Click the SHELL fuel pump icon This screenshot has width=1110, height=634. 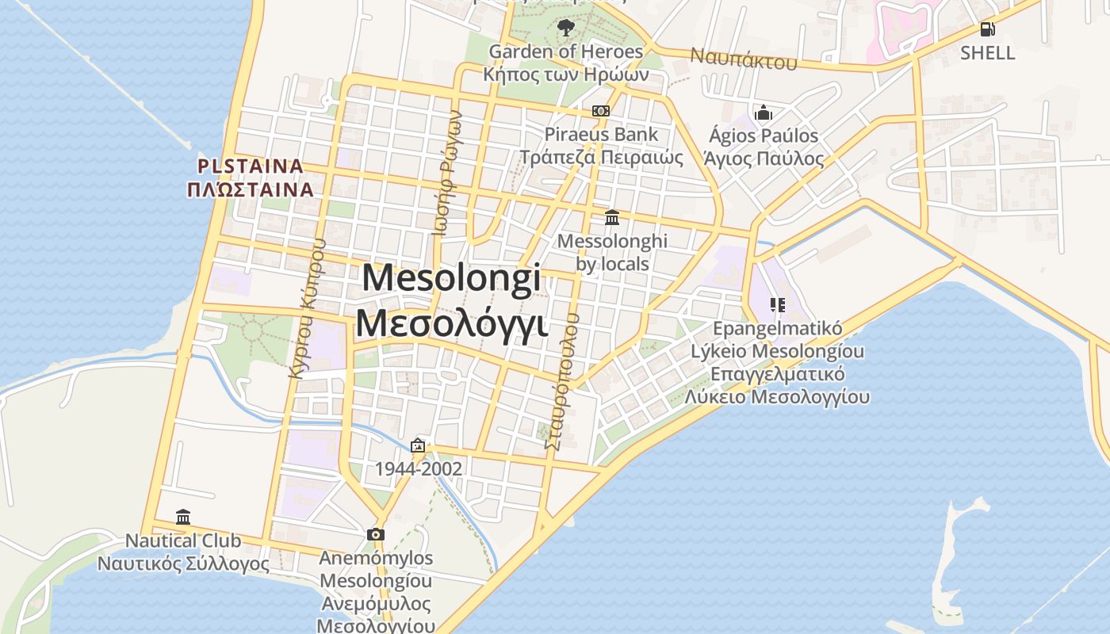pos(987,29)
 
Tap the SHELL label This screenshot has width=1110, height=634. pos(987,53)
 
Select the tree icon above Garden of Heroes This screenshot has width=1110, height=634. pos(565,29)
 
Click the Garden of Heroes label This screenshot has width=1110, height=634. pos(566,52)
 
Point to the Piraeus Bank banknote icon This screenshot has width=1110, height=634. pos(601,111)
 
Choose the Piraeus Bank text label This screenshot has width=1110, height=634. pos(601,135)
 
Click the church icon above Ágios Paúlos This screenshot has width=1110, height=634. pos(764,113)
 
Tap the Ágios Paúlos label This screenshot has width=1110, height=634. pos(764,136)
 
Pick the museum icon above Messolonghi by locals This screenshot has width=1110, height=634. pos(612,217)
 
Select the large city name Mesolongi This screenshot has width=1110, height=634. pos(452,278)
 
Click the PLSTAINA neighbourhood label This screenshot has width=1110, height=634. pos(251,166)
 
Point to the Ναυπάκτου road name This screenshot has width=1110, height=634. pos(743,58)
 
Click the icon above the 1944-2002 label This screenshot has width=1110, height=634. pos(418,446)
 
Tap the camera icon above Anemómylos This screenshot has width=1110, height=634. pos(376,535)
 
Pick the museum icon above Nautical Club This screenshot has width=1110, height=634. pos(183,518)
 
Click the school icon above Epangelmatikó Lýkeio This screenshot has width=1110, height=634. pos(777,305)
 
